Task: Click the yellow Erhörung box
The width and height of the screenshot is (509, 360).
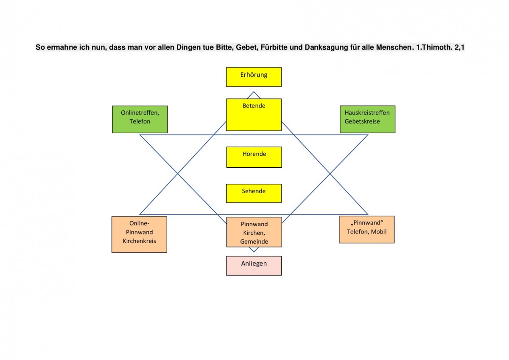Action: point(254,77)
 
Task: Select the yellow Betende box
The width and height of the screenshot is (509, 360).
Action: point(254,115)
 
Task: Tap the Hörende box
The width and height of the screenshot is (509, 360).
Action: point(254,157)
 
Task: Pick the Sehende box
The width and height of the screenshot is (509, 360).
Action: point(254,193)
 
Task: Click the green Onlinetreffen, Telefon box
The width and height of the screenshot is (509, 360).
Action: point(140,119)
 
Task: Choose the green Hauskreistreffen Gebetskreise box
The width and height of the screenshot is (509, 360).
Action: point(367,119)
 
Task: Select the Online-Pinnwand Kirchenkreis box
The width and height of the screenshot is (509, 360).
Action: point(139,234)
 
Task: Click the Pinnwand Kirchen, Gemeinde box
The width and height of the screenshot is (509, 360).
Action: point(254,232)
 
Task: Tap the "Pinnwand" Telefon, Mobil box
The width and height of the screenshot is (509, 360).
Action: point(366,229)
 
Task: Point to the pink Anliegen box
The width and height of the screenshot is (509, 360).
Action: point(254,266)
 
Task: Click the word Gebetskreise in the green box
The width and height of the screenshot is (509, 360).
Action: point(362,121)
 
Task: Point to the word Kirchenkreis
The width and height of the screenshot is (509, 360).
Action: point(139,241)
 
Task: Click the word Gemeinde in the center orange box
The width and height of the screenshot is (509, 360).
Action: point(254,242)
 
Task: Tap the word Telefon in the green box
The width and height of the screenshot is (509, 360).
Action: point(140,121)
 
